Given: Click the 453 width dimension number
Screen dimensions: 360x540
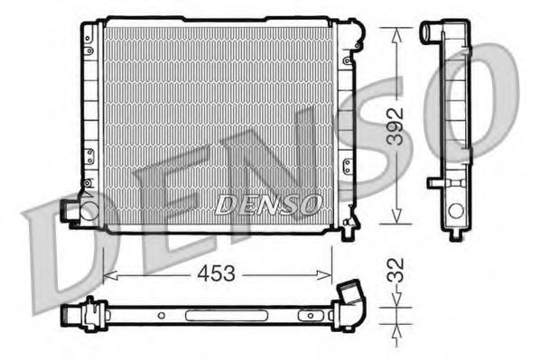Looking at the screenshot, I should click(211, 273).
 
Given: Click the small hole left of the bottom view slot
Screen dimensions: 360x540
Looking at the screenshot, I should click(160, 317).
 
